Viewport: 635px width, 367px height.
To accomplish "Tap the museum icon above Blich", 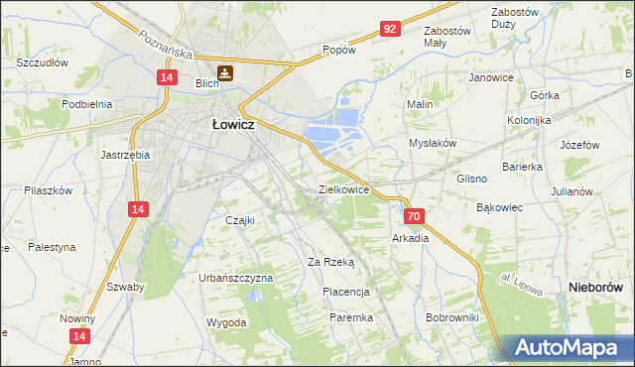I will (226, 71).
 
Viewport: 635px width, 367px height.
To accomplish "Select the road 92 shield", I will (390, 30).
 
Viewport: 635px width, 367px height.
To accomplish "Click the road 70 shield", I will (415, 216).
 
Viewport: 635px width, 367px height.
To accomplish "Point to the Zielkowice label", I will (344, 188).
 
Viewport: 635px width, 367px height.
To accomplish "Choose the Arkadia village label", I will (411, 238).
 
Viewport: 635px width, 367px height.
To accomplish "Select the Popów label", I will (338, 50).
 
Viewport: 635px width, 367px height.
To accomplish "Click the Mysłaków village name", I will (433, 143).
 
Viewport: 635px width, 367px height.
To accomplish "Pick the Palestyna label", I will (51, 247).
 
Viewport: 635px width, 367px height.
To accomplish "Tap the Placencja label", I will (346, 292).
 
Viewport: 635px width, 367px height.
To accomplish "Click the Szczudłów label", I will (42, 61).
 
